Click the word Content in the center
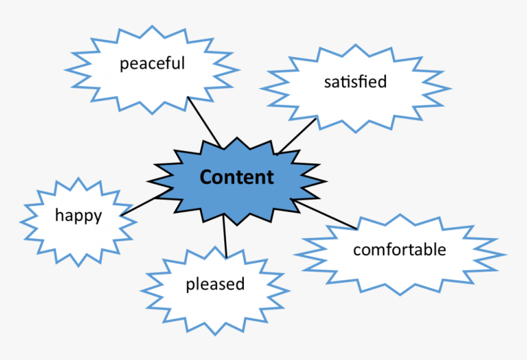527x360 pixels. tap(237, 177)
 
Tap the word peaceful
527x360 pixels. tap(152, 63)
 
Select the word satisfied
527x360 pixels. tap(355, 82)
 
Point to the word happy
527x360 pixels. tap(78, 215)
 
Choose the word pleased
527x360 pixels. tap(215, 284)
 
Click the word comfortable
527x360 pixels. tap(400, 250)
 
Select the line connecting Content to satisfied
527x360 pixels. tap(297, 136)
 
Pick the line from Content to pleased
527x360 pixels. tap(225, 238)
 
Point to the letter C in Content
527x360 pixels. tap(207, 177)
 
